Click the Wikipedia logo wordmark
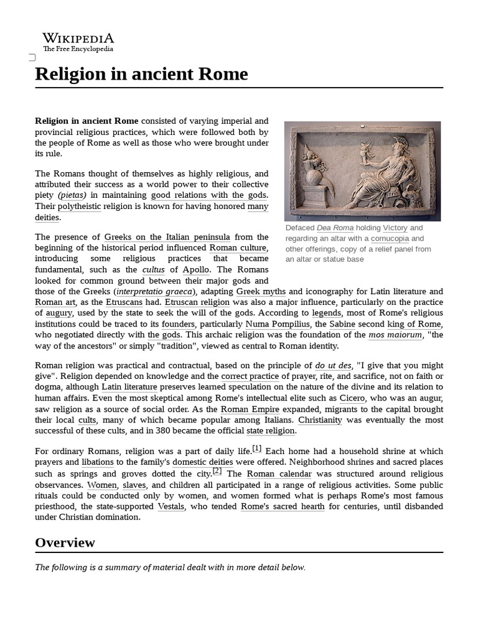pos(78,39)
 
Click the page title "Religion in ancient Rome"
pos(141,74)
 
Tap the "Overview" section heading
pos(65,542)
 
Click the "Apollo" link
pos(196,270)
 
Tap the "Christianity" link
pos(320,420)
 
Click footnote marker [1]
pos(256,449)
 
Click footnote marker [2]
pos(217,471)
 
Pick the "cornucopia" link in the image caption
pos(390,238)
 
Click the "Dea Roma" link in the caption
pos(335,228)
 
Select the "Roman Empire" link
pos(251,409)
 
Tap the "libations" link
pos(98,462)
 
